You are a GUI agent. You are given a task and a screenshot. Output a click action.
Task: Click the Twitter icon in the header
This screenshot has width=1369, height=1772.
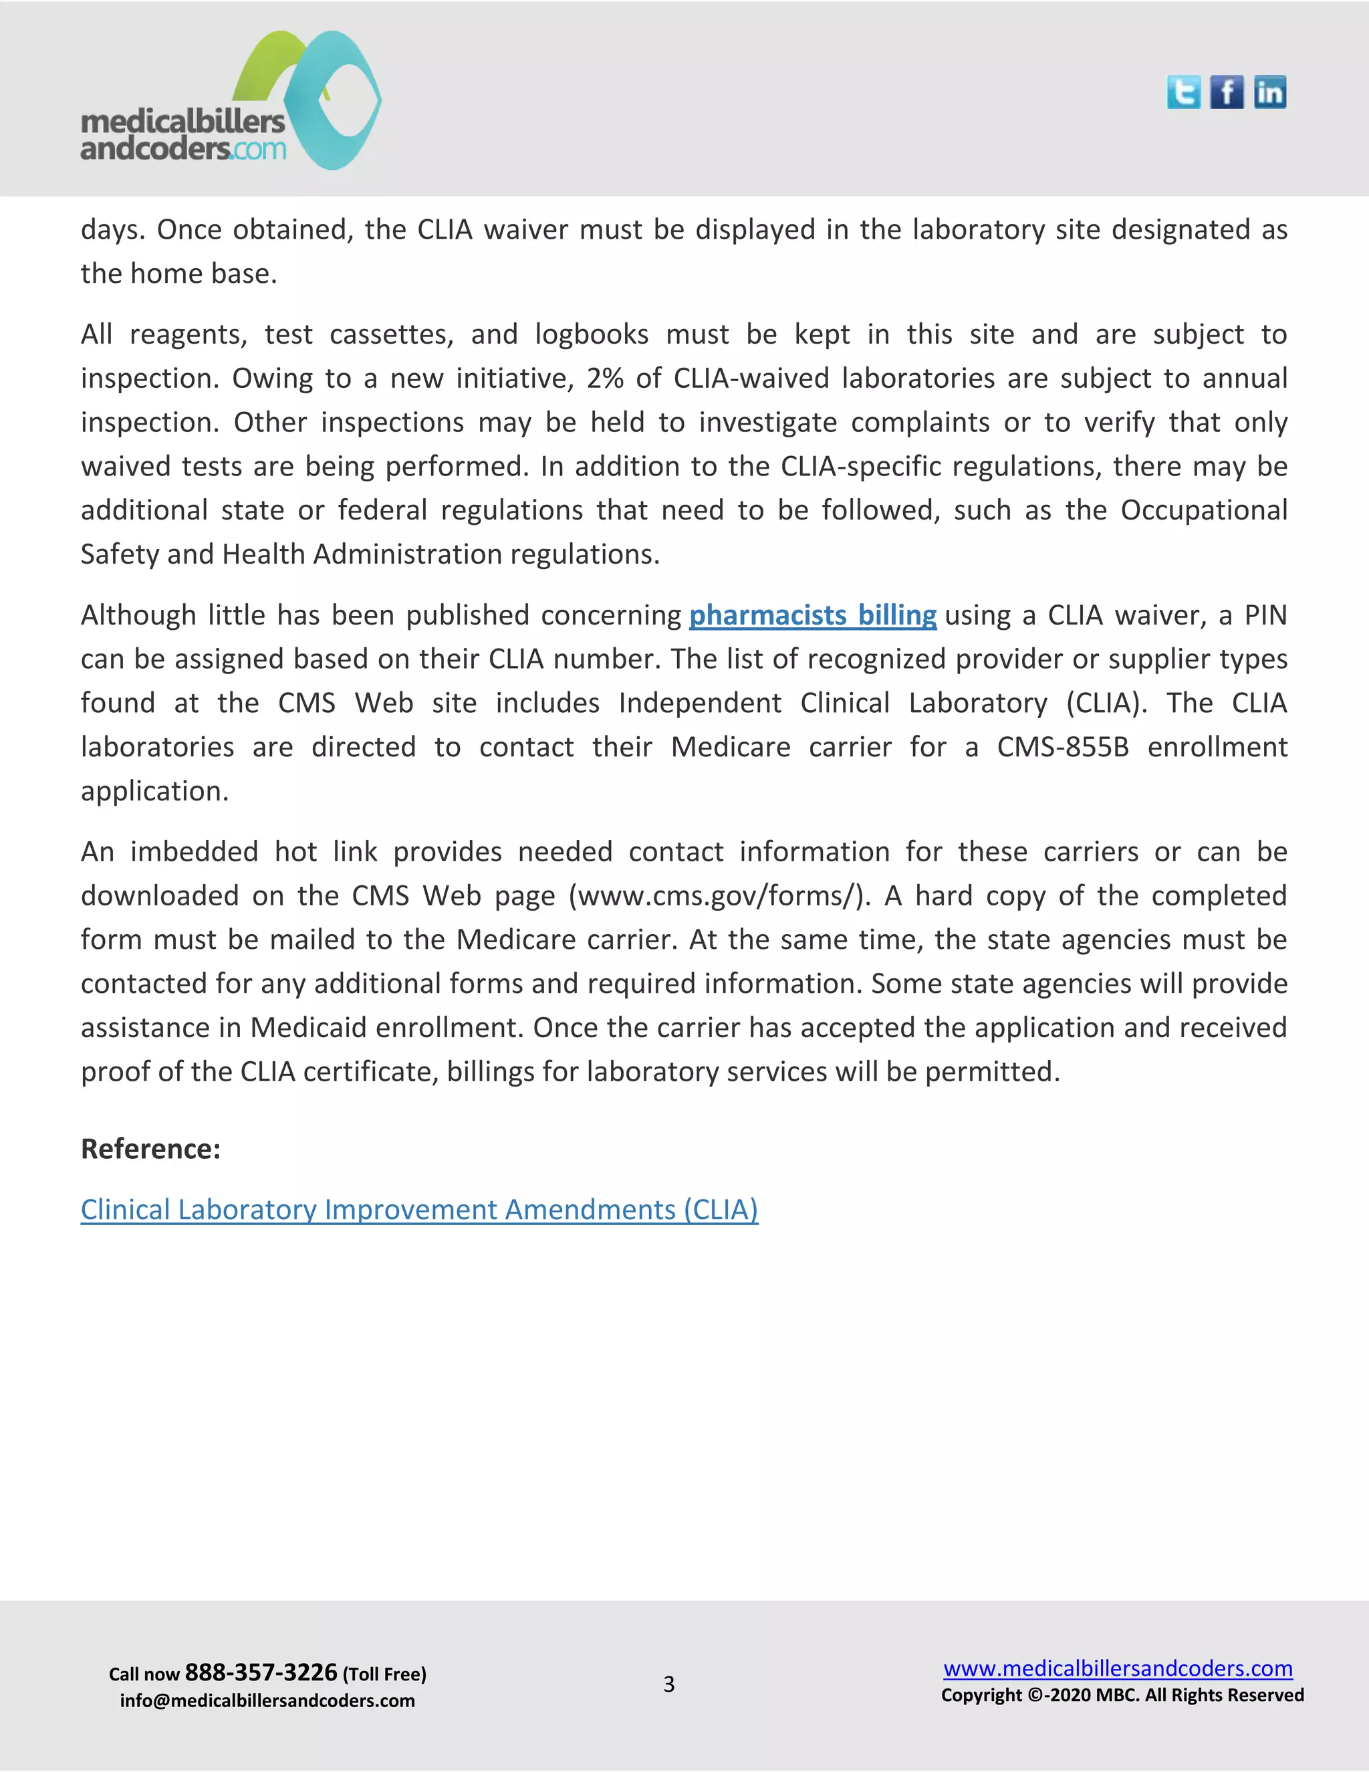click(x=1183, y=92)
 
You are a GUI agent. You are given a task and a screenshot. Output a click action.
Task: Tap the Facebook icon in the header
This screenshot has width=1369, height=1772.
click(x=1226, y=92)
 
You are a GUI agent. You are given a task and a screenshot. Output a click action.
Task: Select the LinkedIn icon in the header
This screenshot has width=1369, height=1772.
click(x=1269, y=92)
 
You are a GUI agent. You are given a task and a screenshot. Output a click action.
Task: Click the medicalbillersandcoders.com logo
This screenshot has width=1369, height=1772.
click(x=231, y=102)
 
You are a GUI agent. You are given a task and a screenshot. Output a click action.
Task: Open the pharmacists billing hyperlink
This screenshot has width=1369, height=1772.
click(x=813, y=615)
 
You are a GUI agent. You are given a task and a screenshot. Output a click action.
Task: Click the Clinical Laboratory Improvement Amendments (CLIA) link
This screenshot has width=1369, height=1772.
click(x=419, y=1210)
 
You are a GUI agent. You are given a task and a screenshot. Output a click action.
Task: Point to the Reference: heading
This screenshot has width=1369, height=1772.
click(x=151, y=1149)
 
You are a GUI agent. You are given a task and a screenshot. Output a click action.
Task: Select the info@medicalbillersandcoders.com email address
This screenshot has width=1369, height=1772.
click(x=267, y=1700)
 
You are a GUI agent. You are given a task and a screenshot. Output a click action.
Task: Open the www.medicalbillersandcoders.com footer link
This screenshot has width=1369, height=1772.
click(x=1118, y=1668)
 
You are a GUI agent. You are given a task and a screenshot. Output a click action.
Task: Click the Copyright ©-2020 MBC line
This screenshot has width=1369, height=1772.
click(x=1122, y=1695)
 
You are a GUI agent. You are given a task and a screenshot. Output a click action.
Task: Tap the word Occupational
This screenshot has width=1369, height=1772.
click(x=1203, y=510)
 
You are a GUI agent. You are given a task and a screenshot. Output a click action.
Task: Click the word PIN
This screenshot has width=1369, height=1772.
click(x=1265, y=615)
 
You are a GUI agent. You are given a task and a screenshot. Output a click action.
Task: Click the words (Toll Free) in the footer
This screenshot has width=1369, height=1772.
click(x=384, y=1674)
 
